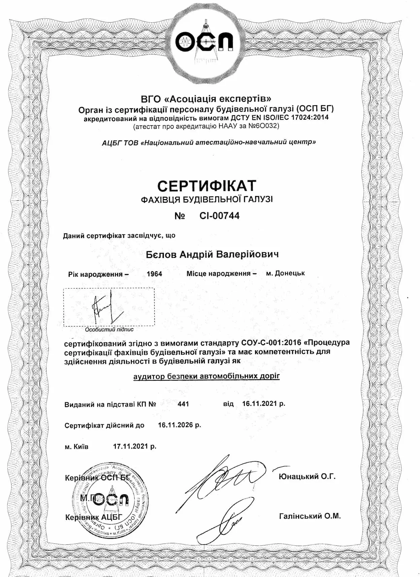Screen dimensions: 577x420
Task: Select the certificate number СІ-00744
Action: [219, 216]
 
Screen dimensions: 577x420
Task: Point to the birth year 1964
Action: [154, 274]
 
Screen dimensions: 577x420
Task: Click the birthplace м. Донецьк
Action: [285, 273]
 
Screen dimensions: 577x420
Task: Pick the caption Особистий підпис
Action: [109, 330]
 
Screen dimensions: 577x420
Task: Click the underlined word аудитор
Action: [149, 376]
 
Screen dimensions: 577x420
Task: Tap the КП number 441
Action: [183, 404]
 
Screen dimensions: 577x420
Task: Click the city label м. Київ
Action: [76, 447]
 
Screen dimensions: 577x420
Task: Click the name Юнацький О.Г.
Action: [307, 476]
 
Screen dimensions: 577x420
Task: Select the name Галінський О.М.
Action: [310, 516]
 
